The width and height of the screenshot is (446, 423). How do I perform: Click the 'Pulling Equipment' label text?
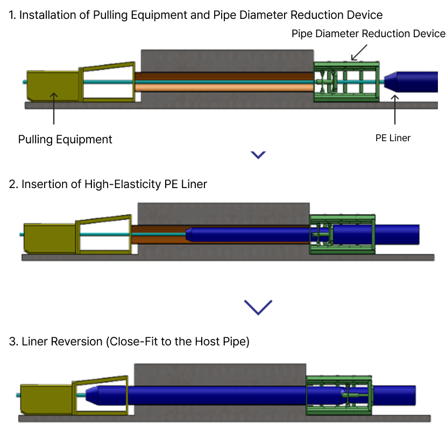pos(65,140)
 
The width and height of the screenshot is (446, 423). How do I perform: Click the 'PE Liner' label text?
pos(393,138)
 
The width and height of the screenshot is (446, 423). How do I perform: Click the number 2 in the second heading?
pos(12,184)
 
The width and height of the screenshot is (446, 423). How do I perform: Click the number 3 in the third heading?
pos(12,342)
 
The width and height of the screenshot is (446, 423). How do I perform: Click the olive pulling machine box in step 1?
pos(53,86)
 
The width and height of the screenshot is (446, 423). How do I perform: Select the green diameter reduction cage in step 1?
pos(346,81)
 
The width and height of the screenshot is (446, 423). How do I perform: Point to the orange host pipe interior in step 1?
pos(223,87)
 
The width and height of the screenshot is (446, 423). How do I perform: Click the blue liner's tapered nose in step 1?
pos(391,81)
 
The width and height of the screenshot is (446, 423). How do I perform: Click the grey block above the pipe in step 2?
pos(223,213)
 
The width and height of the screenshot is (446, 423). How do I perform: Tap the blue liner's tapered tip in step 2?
pos(189,234)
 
